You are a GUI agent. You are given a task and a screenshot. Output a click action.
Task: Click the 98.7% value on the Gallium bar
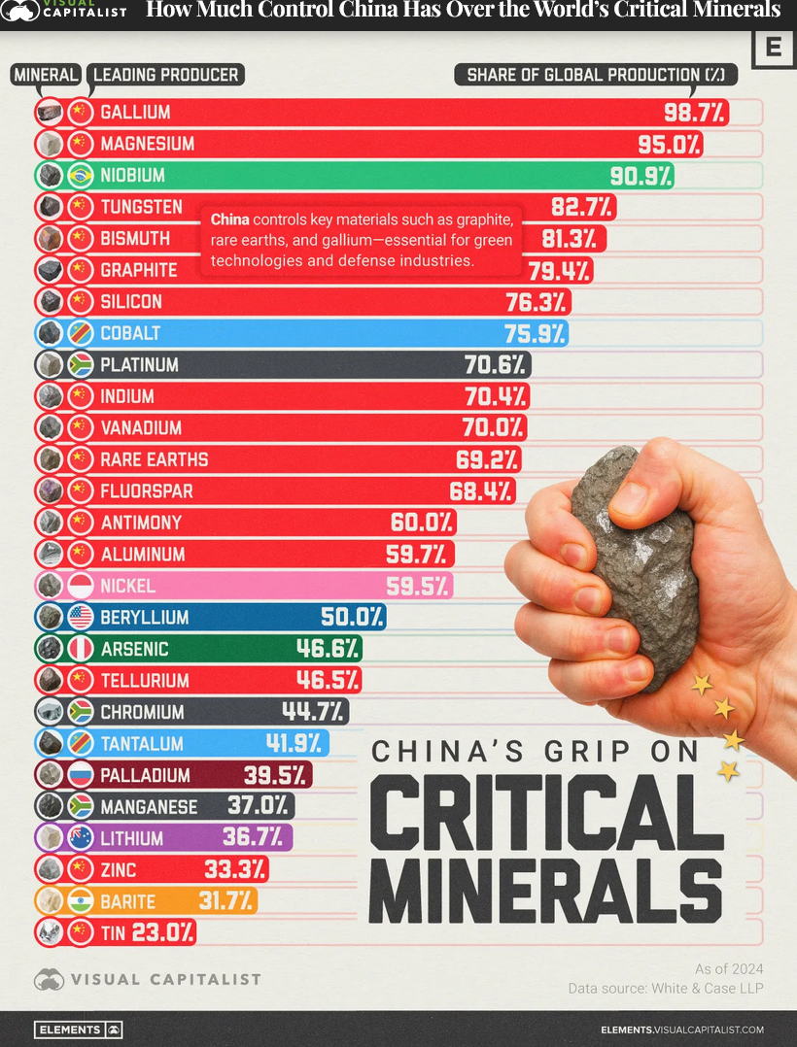point(694,113)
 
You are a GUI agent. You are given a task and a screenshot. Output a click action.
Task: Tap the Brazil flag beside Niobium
point(81,176)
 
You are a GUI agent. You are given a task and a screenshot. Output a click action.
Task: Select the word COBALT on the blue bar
point(130,333)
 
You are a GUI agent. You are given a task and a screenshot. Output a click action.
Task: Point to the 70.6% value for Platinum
point(496,365)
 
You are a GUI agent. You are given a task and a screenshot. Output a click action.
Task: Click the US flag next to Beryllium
point(81,618)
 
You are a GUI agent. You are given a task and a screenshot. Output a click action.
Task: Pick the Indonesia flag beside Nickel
point(81,586)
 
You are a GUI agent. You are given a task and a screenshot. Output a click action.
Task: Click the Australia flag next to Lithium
point(81,837)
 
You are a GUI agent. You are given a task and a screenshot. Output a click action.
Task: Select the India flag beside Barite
point(81,901)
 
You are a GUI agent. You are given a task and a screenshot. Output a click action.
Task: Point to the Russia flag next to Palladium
point(81,775)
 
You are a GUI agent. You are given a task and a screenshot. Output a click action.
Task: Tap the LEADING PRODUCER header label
point(165,75)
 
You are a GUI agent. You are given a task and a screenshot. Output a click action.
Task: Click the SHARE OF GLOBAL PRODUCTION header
point(596,75)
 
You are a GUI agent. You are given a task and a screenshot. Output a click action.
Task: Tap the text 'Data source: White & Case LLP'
point(666,988)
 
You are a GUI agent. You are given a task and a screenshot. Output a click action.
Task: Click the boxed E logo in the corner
point(774,48)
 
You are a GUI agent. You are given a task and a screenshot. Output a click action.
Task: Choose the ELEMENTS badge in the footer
point(78,1030)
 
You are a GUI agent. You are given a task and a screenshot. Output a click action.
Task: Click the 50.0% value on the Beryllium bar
point(352,618)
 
